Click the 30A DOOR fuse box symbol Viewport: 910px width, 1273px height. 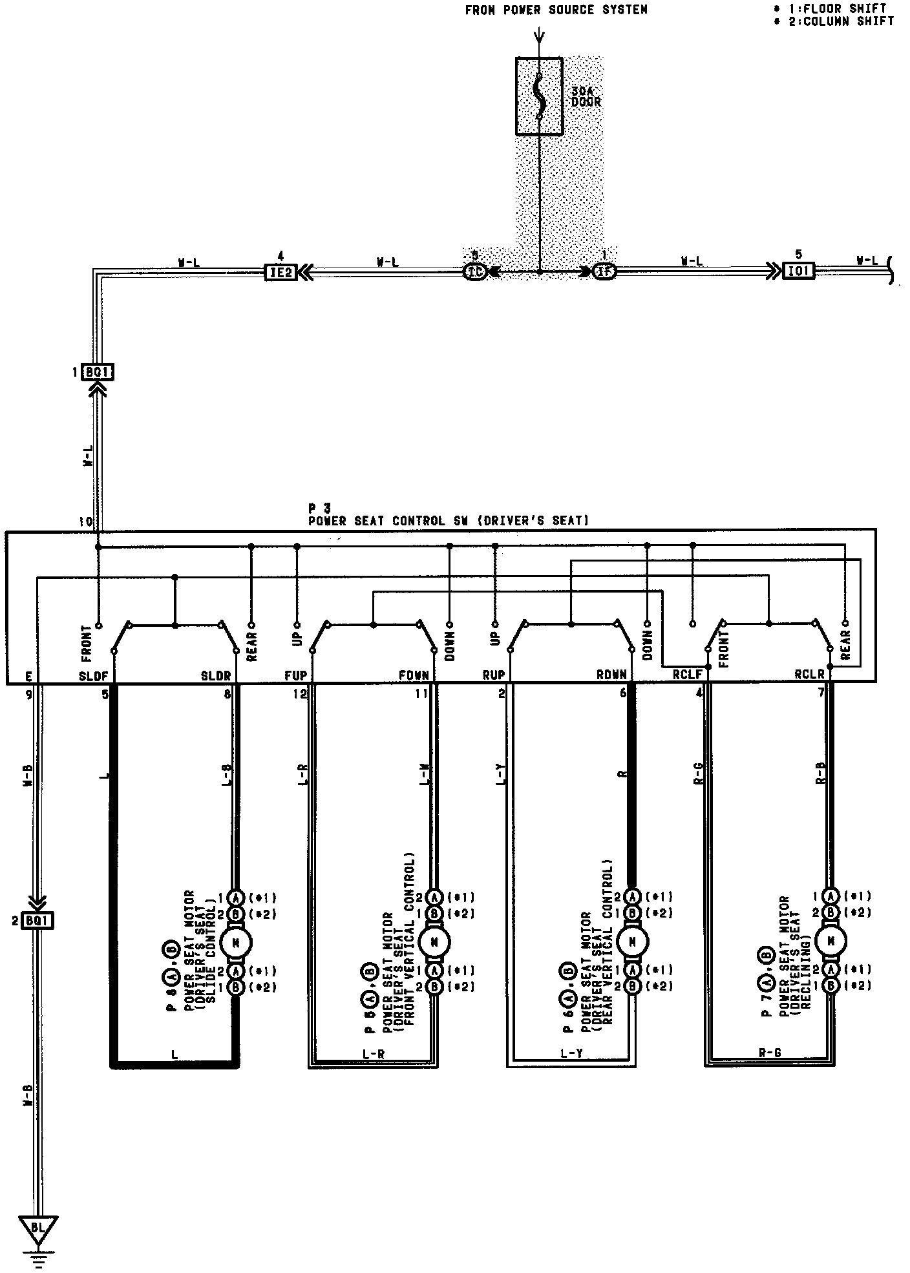point(539,96)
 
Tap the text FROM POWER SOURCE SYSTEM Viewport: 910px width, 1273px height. point(556,10)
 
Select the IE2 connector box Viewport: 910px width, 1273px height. point(280,272)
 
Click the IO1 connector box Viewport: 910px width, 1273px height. point(798,271)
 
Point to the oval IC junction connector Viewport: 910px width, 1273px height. point(475,272)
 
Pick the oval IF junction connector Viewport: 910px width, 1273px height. point(604,272)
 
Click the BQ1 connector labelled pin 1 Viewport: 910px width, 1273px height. point(98,373)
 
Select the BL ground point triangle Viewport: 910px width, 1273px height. point(38,1227)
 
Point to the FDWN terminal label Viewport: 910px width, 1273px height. point(414,676)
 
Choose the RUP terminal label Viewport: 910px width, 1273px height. point(494,676)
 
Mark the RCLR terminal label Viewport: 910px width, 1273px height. point(809,676)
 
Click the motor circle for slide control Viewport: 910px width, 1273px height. point(236,943)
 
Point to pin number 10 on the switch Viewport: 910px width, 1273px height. point(85,521)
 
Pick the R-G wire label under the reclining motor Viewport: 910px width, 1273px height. point(770,1053)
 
